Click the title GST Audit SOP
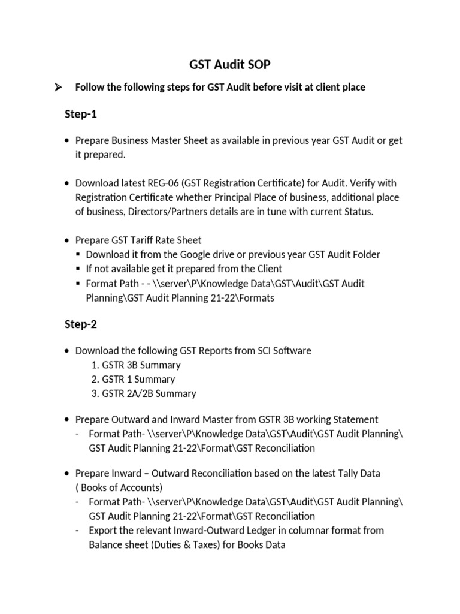230,64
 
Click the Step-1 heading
80,114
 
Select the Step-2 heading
80,324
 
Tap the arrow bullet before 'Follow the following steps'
59,88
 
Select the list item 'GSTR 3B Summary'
141,365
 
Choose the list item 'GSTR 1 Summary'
138,379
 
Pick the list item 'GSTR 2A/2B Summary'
149,393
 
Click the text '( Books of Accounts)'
119,487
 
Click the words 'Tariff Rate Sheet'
164,240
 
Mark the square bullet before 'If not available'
78,269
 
